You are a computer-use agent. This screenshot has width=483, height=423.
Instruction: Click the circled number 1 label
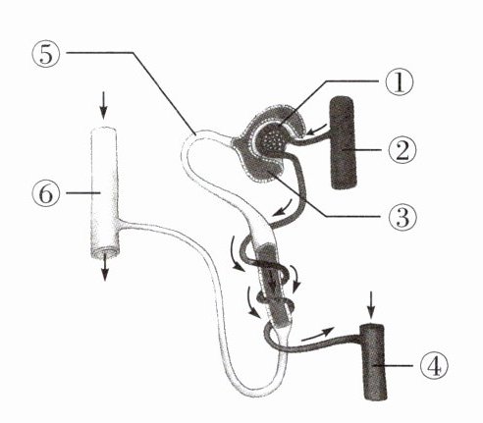pos(400,81)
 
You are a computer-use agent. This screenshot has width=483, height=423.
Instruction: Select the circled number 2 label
pos(402,150)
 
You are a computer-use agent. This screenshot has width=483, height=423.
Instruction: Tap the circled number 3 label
pos(402,216)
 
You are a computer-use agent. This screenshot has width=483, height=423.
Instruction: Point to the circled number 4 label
pos(433,365)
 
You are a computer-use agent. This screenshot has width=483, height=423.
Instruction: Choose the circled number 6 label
pos(46,193)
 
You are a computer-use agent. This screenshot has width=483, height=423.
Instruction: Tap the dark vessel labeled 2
pos(343,143)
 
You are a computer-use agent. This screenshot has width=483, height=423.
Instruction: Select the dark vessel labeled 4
pos(374,362)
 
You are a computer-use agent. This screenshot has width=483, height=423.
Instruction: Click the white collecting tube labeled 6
pos(104,192)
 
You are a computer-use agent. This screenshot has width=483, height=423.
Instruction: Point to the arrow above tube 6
pos(103,105)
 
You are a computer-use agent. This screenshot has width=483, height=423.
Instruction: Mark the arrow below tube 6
pos(104,269)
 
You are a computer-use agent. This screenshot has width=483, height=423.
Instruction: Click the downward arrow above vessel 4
pos(370,305)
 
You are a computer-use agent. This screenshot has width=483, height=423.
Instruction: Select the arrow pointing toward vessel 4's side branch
pos(317,334)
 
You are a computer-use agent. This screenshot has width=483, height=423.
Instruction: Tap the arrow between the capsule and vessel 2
pos(316,130)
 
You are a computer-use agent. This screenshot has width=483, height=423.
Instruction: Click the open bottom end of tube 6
pos(105,253)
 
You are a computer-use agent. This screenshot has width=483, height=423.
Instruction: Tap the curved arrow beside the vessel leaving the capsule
pos(282,208)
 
